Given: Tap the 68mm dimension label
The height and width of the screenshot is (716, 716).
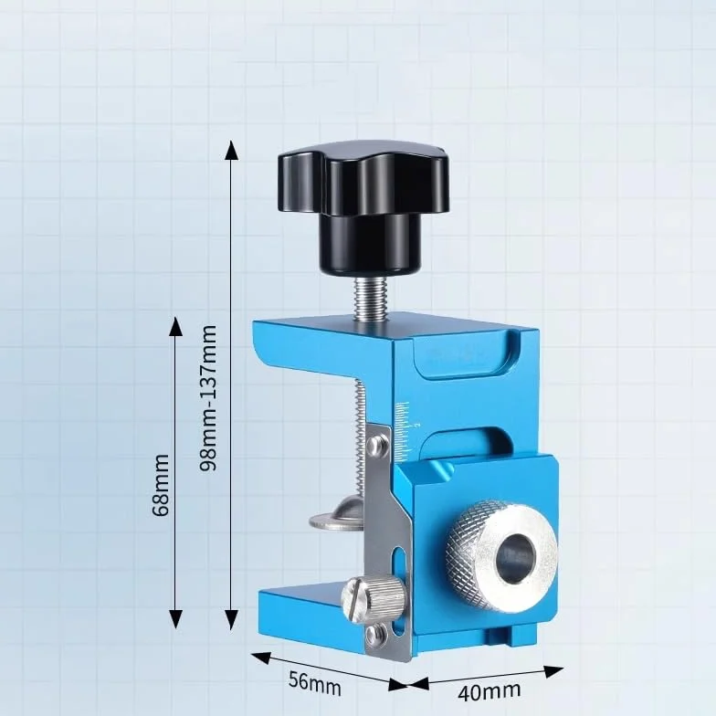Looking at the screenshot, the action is [x=161, y=485].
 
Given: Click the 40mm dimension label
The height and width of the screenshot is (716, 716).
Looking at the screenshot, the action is [x=490, y=690].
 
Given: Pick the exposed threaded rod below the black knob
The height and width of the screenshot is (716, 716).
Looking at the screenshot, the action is [x=370, y=300].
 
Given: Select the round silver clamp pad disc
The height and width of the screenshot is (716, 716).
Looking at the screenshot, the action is [x=336, y=516].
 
